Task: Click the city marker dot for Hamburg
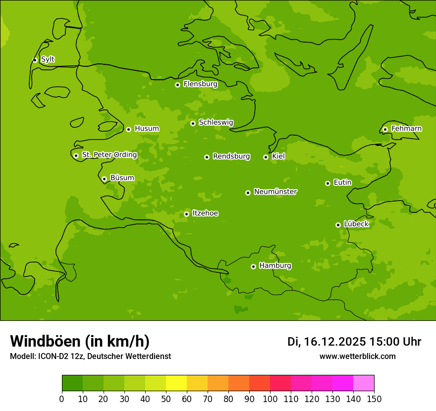click(253, 266)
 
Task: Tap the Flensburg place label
click(200, 84)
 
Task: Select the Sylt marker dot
click(35, 60)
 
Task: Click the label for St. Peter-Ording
click(109, 155)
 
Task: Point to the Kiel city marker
click(266, 157)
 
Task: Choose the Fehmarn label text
click(406, 129)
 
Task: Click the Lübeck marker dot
click(338, 225)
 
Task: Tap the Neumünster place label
click(275, 192)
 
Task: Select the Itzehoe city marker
click(186, 214)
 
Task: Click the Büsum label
click(122, 178)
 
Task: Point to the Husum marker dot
click(128, 129)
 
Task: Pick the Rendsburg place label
click(231, 156)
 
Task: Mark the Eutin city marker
click(327, 183)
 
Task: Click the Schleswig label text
click(216, 123)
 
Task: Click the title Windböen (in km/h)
click(79, 341)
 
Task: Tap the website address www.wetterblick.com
click(357, 357)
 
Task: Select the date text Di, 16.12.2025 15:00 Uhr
click(354, 342)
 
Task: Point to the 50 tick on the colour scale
click(166, 399)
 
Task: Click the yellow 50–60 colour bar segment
click(176, 383)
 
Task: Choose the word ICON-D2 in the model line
click(51, 357)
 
